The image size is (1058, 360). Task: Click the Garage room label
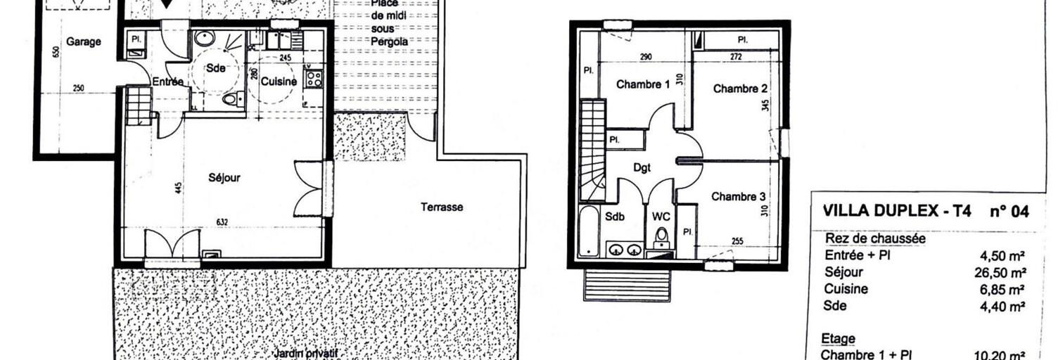pos(83,42)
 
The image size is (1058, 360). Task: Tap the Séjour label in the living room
pos(224,178)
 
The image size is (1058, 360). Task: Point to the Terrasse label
pos(442,207)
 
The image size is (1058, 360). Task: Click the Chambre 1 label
pos(643,85)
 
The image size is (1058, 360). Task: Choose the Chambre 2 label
pos(740,89)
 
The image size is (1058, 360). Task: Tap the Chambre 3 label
pos(738,197)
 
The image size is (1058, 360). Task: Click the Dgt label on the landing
pos(642,168)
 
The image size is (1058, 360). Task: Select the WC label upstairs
pos(661,217)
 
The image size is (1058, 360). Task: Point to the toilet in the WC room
pos(661,236)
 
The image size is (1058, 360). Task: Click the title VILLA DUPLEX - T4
pos(897,211)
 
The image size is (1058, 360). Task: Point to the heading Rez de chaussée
pos(875,238)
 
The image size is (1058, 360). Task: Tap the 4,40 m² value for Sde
pos(1007,306)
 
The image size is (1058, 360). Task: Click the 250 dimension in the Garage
pos(78,88)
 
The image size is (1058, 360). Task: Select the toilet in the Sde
pos(230,99)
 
